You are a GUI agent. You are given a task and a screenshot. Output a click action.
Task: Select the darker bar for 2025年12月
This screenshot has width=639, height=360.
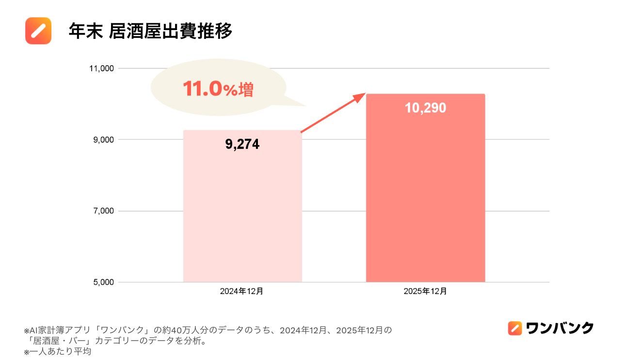click(x=425, y=194)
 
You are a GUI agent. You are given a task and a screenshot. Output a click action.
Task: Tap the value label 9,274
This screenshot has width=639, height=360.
click(x=242, y=144)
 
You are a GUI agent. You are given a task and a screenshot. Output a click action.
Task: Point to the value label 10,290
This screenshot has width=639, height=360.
click(x=425, y=108)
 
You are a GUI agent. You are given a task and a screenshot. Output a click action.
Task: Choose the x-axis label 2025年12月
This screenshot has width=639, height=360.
click(x=425, y=292)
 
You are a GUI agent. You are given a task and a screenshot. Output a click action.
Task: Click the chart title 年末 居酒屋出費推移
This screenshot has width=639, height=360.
click(x=150, y=31)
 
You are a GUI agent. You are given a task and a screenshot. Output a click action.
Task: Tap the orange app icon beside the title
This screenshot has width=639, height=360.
click(x=38, y=31)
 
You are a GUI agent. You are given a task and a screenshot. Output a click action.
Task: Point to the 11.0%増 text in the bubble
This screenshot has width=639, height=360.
click(x=218, y=89)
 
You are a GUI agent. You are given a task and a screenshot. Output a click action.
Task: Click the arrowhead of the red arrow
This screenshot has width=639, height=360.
click(x=360, y=96)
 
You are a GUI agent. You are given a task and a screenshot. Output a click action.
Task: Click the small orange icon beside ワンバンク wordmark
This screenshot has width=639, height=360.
click(x=515, y=328)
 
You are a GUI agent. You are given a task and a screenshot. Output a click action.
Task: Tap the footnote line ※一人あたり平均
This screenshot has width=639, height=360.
click(x=58, y=352)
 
